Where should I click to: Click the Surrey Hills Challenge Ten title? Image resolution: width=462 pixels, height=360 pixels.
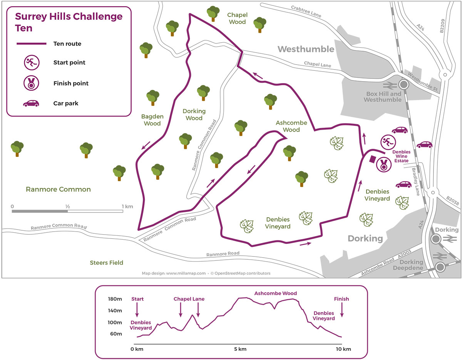pos(69,22)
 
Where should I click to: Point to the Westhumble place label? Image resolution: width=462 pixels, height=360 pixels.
pos(306,49)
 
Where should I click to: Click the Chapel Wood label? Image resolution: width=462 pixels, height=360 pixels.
pos(237,18)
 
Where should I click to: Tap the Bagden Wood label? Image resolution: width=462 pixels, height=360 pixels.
pos(152,120)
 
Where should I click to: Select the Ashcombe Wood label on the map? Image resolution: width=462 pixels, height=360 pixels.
pos(291,126)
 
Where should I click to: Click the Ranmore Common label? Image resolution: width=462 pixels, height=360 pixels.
pos(58,189)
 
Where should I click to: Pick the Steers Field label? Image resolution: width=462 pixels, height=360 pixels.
pos(106,263)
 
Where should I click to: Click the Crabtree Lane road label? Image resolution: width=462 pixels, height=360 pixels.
pos(306,11)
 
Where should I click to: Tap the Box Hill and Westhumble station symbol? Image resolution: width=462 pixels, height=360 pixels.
pos(403,85)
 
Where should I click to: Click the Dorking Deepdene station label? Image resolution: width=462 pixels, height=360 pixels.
pos(408,265)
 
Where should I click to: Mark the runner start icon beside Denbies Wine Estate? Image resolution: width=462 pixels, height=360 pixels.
pos(388,142)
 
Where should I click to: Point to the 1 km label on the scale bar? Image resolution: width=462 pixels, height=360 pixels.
pos(127,207)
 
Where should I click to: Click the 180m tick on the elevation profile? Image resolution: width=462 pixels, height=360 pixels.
pos(115,299)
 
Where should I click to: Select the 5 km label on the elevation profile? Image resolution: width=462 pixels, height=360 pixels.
pos(240,349)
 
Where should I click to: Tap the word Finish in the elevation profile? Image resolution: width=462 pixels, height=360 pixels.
pos(341,299)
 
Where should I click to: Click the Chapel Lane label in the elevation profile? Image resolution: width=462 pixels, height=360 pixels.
pos(189,299)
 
